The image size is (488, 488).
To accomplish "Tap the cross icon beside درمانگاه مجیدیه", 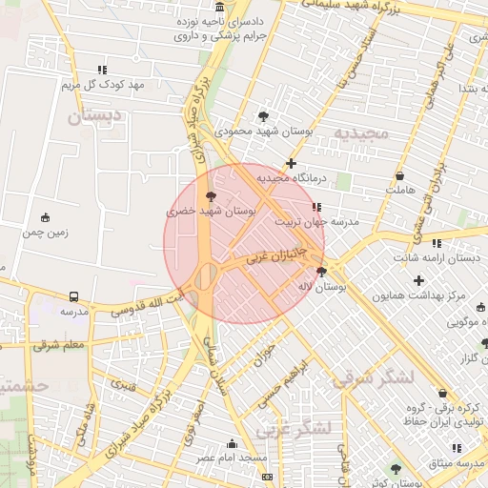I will click(x=292, y=164).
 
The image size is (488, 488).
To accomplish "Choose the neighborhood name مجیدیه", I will click(x=356, y=133).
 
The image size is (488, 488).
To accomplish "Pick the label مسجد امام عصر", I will click(x=232, y=458).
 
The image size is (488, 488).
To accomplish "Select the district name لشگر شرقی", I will click(x=373, y=378).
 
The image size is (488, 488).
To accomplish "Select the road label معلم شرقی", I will click(x=59, y=344).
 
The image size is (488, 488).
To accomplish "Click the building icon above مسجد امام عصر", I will click(x=232, y=443).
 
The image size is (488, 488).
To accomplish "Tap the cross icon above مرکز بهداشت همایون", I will click(x=419, y=280).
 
